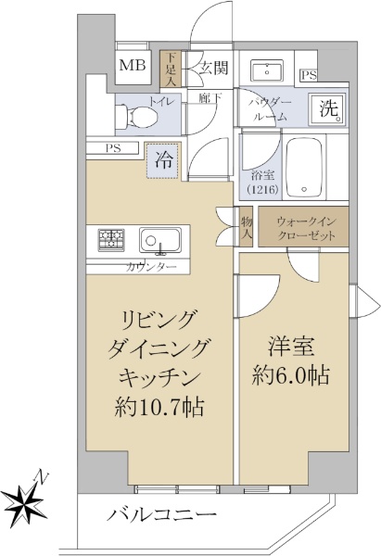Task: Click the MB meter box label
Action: click(133, 65)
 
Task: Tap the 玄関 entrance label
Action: click(213, 67)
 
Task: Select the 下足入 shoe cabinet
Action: click(171, 69)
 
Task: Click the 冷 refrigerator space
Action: click(163, 160)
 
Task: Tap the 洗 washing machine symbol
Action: click(326, 108)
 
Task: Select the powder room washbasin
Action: click(267, 69)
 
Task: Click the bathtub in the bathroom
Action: click(305, 167)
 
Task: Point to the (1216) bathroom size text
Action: click(263, 189)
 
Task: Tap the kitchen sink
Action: click(160, 240)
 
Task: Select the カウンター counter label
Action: click(151, 268)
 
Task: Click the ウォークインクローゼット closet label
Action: click(306, 229)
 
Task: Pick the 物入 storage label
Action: click(247, 227)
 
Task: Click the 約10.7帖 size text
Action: click(159, 408)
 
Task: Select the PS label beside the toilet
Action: click(113, 148)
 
